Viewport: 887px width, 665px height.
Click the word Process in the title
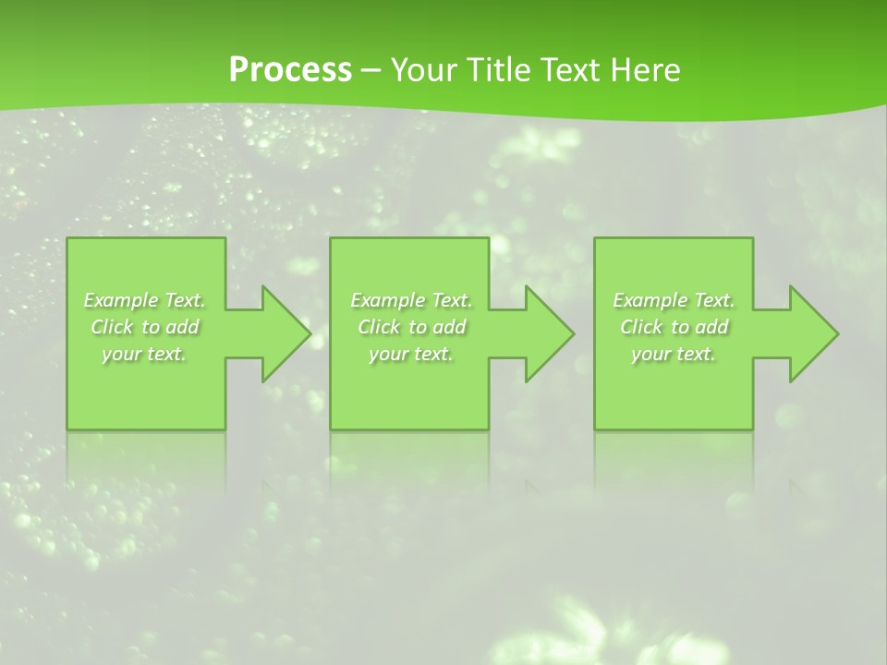(x=290, y=70)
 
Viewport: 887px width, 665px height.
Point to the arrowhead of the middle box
(x=549, y=333)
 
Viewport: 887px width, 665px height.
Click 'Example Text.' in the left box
(x=145, y=300)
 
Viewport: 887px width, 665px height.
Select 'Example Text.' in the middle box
(x=411, y=300)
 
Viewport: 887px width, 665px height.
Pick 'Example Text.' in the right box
(x=674, y=300)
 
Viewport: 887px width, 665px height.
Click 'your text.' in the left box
(x=144, y=354)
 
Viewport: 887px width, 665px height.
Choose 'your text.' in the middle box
(x=411, y=354)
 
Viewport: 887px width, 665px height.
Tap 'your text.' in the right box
(x=674, y=354)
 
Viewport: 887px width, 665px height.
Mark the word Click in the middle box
(x=379, y=327)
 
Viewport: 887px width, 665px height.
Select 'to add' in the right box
(x=699, y=327)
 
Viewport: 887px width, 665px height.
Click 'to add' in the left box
(x=170, y=327)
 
